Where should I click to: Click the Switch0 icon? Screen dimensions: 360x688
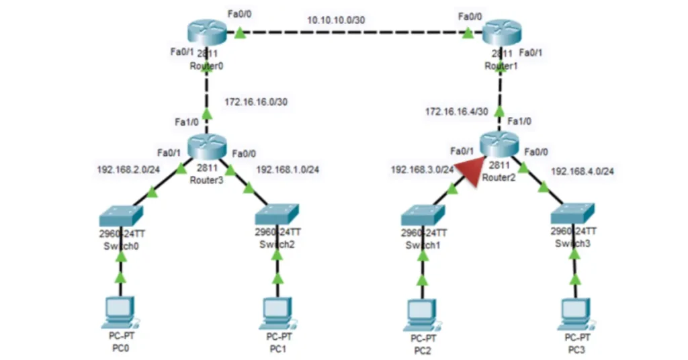tap(120, 216)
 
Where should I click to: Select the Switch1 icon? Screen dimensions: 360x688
tap(423, 216)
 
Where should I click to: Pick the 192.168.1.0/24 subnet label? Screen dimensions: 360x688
tap(288, 169)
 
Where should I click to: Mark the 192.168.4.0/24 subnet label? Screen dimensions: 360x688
tap(583, 171)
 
